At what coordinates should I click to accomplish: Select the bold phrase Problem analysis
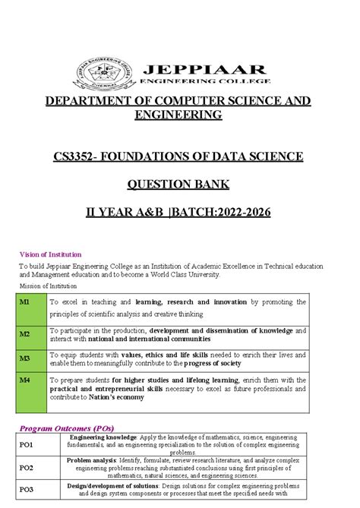90,459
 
